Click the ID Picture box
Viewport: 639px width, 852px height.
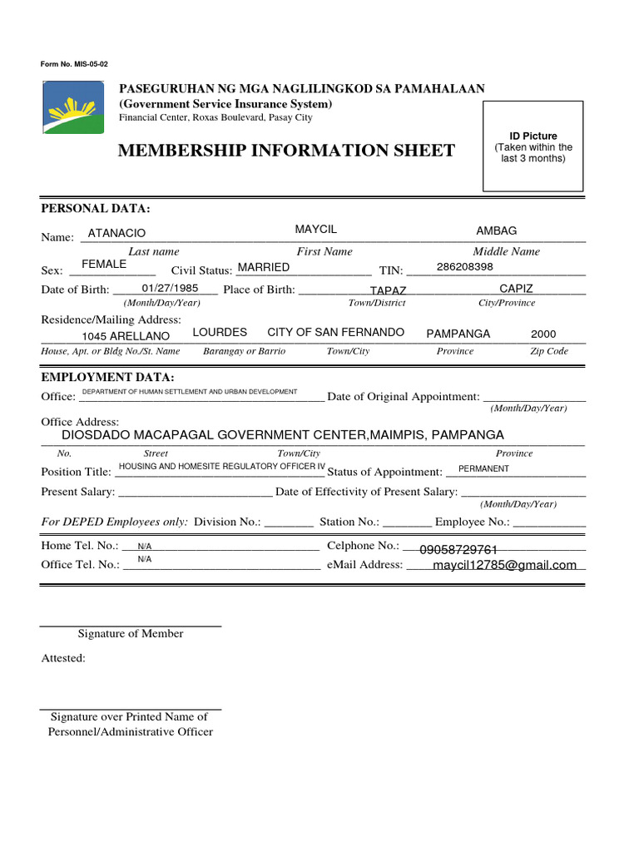(533, 148)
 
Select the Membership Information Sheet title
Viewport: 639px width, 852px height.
(286, 151)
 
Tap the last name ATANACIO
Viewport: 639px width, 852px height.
(116, 234)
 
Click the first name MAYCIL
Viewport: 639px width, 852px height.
(316, 229)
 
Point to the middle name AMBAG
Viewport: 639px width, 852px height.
(496, 230)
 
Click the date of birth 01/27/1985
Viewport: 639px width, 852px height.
(170, 288)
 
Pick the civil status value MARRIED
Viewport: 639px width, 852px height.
(264, 267)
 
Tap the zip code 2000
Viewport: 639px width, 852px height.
(543, 334)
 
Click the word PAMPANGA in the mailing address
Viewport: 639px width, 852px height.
(458, 334)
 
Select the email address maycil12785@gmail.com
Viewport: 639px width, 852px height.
(505, 565)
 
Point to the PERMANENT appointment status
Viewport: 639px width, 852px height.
(483, 468)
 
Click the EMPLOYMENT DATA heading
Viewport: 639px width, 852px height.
(107, 377)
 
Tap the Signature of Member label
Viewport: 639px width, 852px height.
(131, 633)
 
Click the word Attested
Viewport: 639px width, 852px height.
(63, 658)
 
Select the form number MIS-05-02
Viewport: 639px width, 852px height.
(74, 64)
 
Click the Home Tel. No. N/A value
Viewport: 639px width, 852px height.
(145, 546)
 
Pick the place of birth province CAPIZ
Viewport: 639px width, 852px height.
(516, 288)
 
